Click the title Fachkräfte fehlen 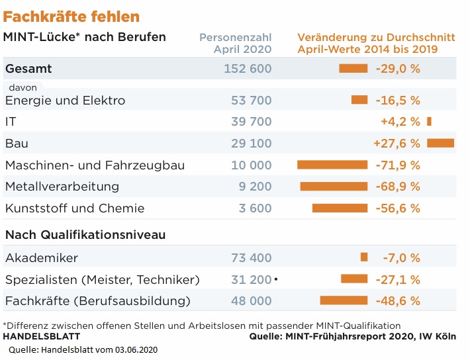click(x=71, y=16)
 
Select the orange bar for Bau click(x=440, y=143)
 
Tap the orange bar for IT click(x=430, y=121)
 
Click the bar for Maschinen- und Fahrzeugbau click(x=332, y=165)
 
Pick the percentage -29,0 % click(x=398, y=68)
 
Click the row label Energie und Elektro click(x=65, y=101)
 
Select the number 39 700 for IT click(x=251, y=121)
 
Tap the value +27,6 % click(x=397, y=143)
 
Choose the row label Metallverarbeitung click(x=62, y=187)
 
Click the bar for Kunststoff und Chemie click(x=340, y=208)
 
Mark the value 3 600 click(x=255, y=208)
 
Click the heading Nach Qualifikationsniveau click(x=85, y=235)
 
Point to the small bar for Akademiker click(x=363, y=257)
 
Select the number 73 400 click(x=251, y=257)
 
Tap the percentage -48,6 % click(x=398, y=301)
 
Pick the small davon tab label click(x=23, y=87)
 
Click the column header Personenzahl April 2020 click(x=236, y=43)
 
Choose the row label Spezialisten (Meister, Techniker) click(x=102, y=279)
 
